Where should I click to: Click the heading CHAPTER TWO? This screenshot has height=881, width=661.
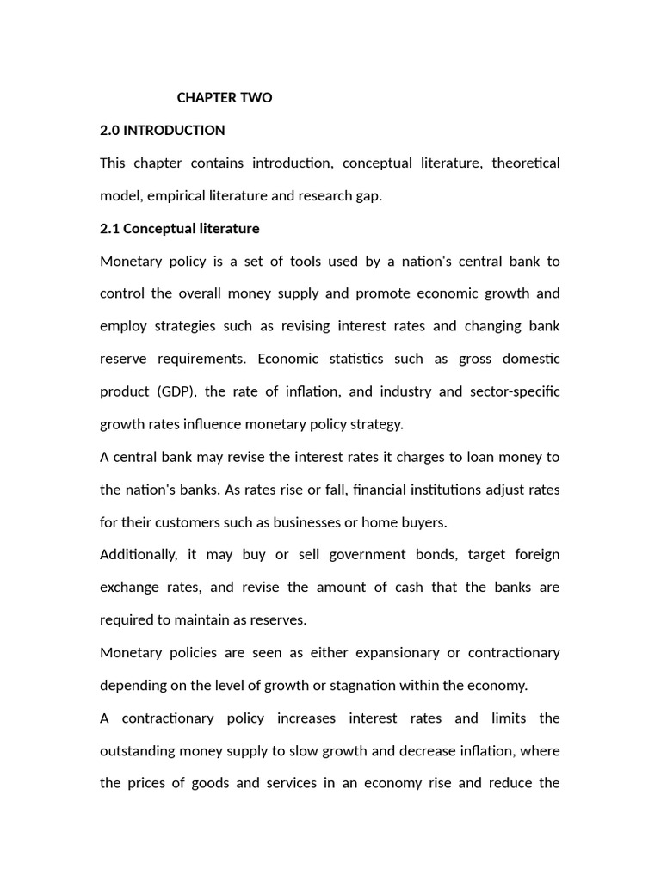pyautogui.click(x=224, y=98)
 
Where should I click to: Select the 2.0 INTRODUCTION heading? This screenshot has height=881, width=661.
pyautogui.click(x=163, y=131)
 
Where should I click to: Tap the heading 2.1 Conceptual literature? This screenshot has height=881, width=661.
pyautogui.click(x=180, y=229)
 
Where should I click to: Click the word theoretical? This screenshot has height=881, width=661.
pyautogui.click(x=525, y=163)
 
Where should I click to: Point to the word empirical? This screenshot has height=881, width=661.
pyautogui.click(x=176, y=196)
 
